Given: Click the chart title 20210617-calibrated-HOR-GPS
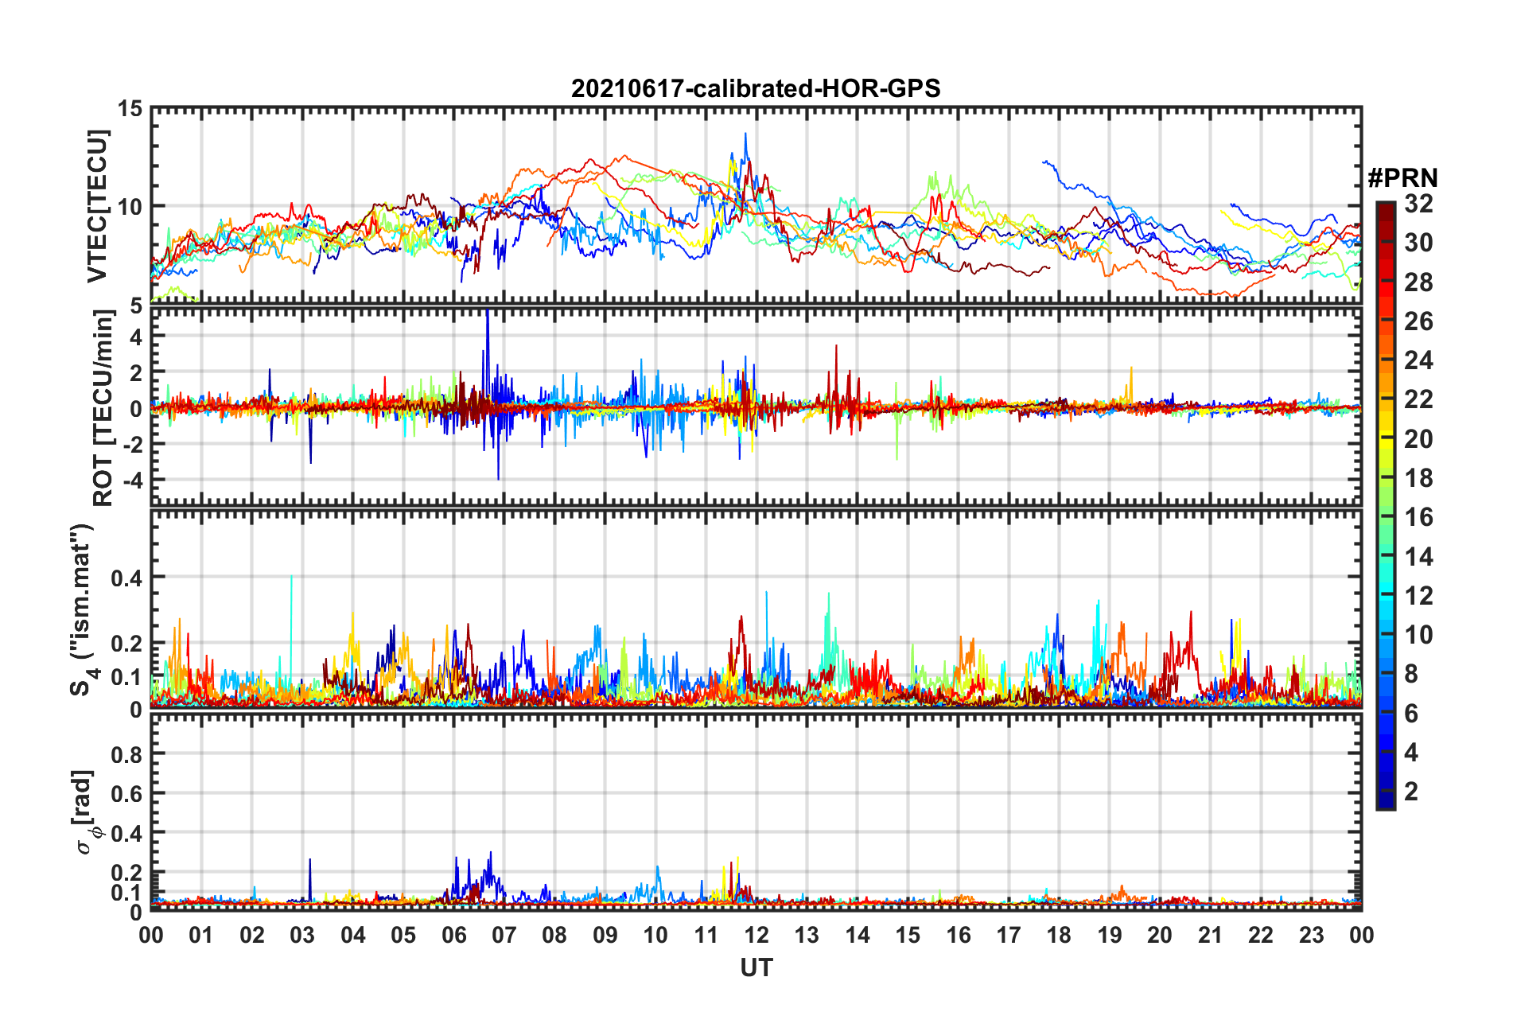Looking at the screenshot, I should (756, 88).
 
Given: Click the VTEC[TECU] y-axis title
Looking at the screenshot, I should (97, 207).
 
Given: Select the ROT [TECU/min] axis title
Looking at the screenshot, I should (103, 408).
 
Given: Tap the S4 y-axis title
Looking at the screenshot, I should (82, 609).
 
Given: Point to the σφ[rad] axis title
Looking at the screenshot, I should (84, 812).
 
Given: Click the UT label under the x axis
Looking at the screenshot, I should (756, 967).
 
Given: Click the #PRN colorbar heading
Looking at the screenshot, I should (1402, 178).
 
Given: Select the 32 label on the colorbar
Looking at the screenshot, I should (1418, 204).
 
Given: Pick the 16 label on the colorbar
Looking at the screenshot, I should (1418, 517).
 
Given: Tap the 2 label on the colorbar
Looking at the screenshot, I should (1411, 792).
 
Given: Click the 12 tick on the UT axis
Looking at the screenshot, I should (756, 935).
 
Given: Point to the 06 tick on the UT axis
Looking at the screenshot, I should (454, 935).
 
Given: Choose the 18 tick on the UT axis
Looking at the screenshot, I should (1059, 935).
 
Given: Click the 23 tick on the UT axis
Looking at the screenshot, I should (1311, 935).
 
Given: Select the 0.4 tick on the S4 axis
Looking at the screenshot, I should (126, 578).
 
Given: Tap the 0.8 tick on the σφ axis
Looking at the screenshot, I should (126, 754).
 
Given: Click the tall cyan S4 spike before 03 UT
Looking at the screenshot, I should (291, 589).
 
